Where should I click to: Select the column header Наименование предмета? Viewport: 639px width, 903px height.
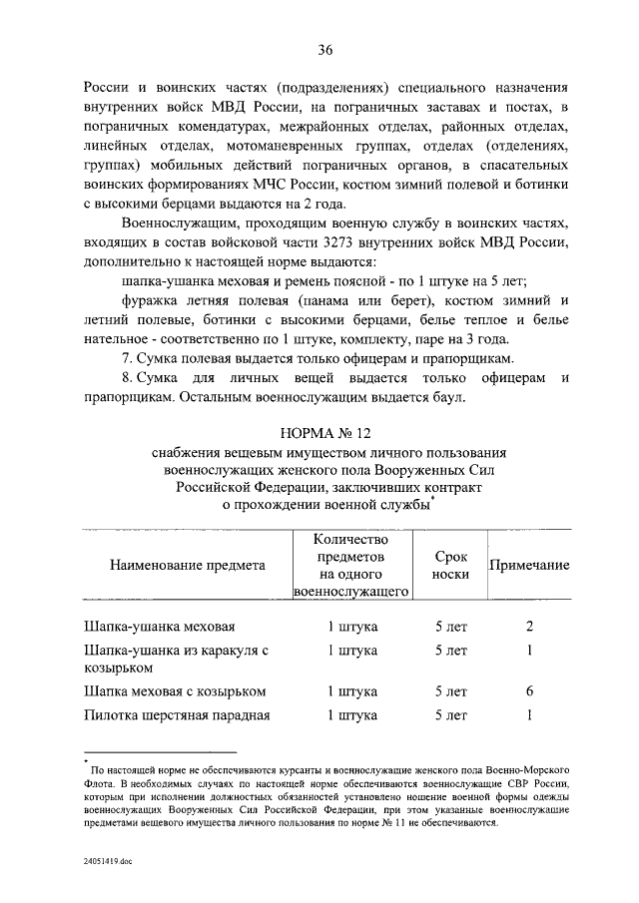tap(188, 565)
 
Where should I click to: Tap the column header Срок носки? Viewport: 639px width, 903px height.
tap(450, 565)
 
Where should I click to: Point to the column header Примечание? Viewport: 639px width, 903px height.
tap(529, 565)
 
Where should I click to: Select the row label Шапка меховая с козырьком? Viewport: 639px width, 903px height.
tap(175, 691)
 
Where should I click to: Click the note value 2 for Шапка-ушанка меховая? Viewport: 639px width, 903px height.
tap(530, 627)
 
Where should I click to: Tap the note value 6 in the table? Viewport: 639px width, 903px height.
tap(530, 691)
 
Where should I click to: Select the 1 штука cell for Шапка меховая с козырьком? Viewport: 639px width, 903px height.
tap(352, 691)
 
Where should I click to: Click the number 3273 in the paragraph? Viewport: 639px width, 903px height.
tap(369, 242)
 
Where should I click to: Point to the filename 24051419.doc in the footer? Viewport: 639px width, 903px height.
tap(108, 861)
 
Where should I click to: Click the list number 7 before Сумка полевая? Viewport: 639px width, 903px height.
tap(124, 358)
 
